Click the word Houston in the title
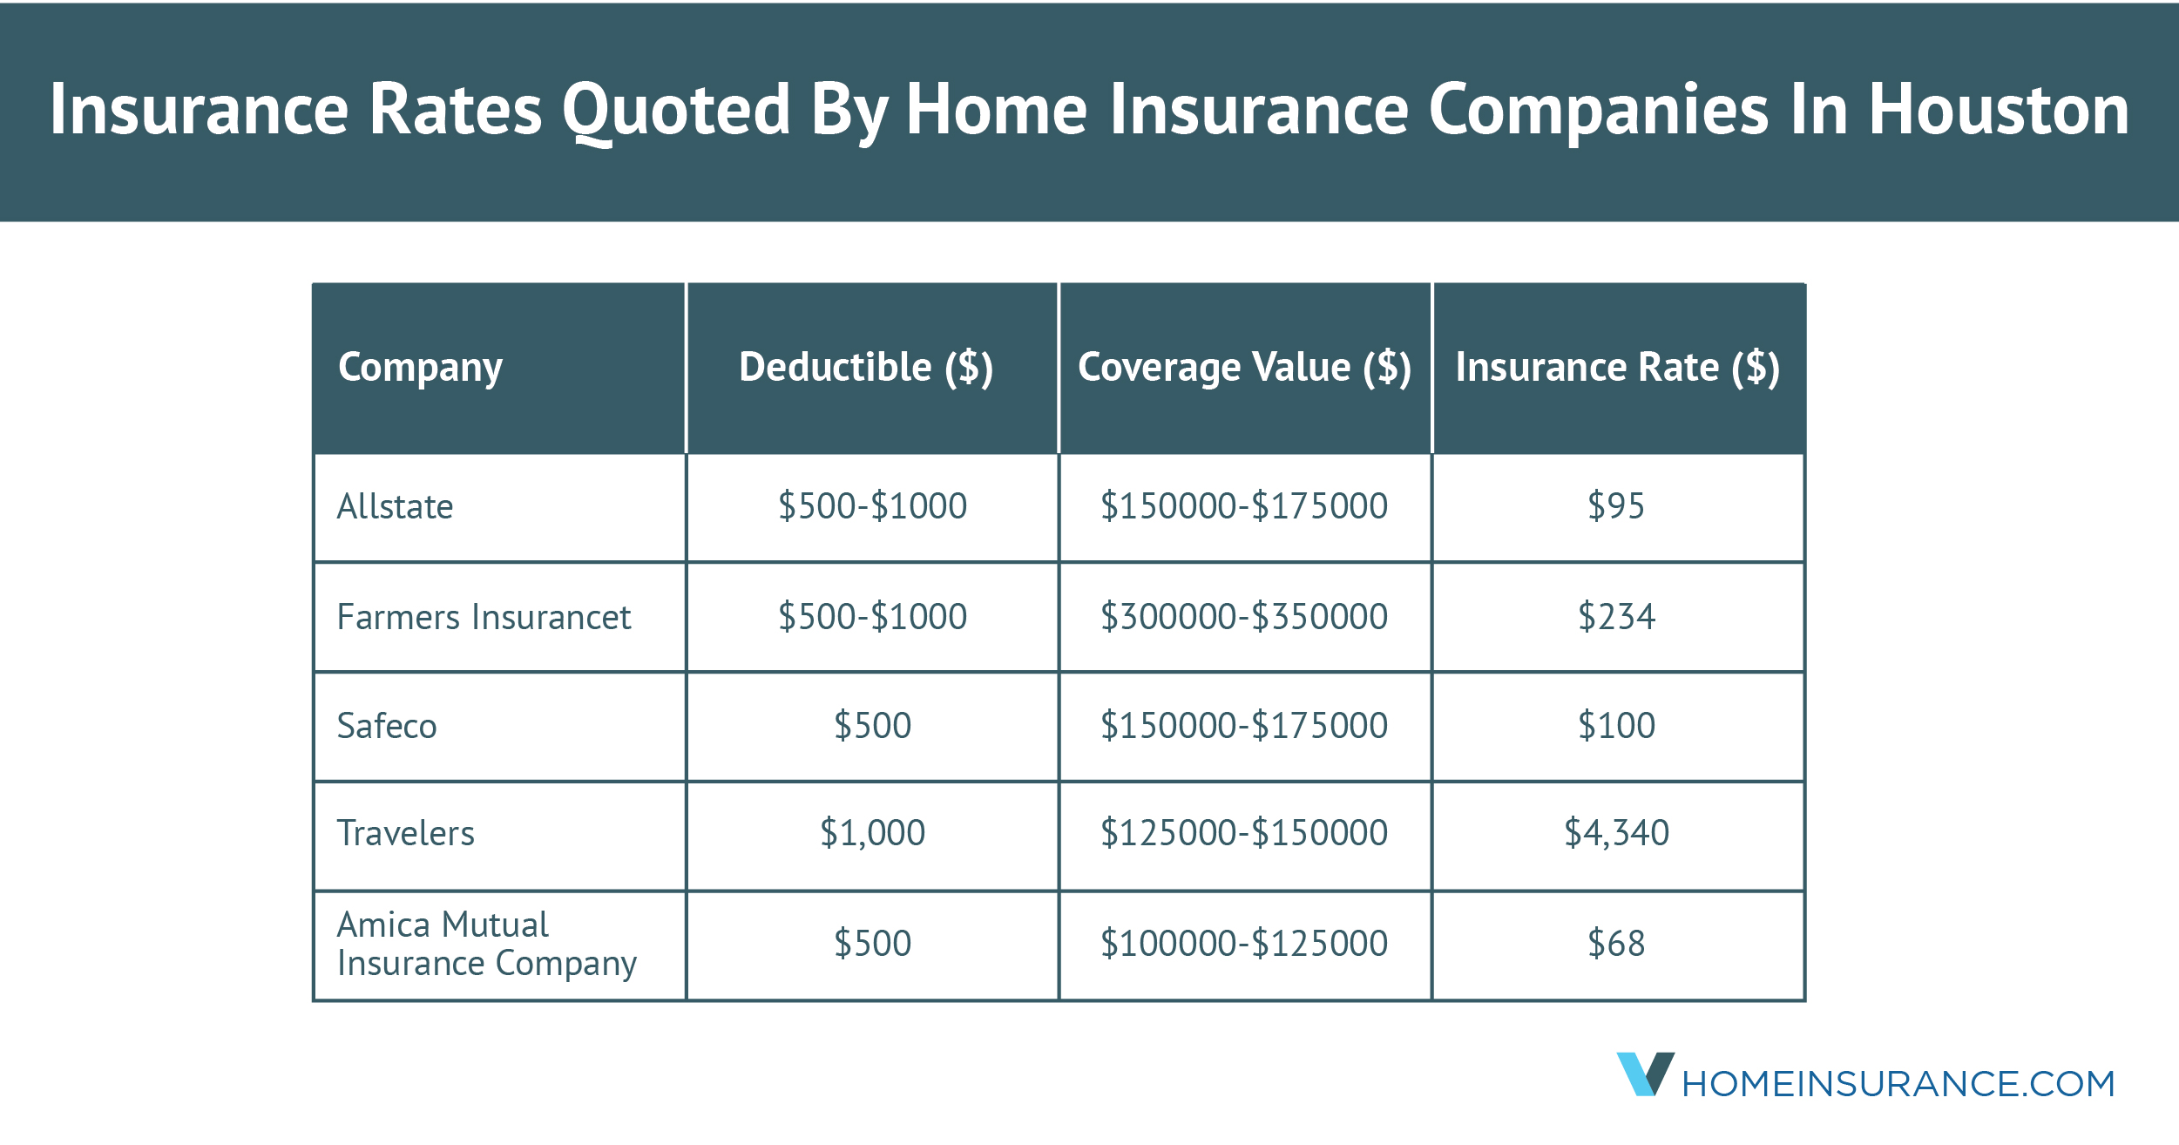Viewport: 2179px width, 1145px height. [1999, 110]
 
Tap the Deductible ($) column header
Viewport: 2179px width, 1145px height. [865, 367]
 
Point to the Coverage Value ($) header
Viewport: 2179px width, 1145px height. [1244, 367]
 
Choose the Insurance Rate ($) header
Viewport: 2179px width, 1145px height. [1617, 367]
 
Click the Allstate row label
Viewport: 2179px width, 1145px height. [395, 506]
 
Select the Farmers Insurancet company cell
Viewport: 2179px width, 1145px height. [484, 617]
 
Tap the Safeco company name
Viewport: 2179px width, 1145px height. [387, 726]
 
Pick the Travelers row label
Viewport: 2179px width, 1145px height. [405, 833]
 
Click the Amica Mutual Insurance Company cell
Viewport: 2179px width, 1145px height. [486, 944]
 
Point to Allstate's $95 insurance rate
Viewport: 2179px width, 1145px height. [1616, 506]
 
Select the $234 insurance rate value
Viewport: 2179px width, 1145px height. [1616, 617]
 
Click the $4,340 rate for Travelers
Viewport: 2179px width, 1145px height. [1616, 833]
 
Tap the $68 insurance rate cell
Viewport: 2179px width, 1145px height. [1616, 944]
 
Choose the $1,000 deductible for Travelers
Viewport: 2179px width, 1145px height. [872, 833]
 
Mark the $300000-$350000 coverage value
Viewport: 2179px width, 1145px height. [1244, 617]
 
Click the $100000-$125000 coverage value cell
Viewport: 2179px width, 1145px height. [1244, 944]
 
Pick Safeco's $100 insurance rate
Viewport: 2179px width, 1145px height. [1616, 726]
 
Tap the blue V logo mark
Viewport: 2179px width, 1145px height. [1644, 1074]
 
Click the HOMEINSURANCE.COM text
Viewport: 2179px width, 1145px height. [1898, 1084]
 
